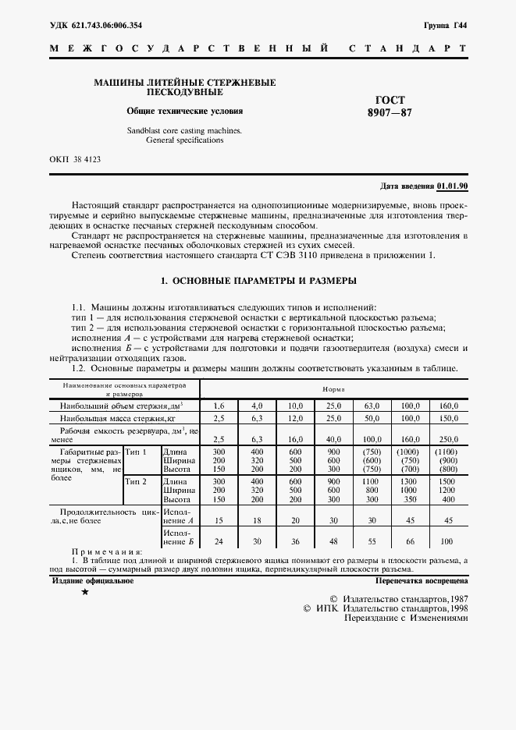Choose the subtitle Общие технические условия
(x=185, y=110)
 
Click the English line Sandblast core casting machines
(x=184, y=130)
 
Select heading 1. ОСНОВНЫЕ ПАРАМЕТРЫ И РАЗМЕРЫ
(x=258, y=280)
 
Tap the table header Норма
(x=334, y=388)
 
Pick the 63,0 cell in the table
(x=371, y=406)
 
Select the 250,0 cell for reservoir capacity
(x=448, y=439)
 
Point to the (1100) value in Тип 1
(x=448, y=452)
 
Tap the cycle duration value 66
(x=409, y=542)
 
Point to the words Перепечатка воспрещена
(x=421, y=581)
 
